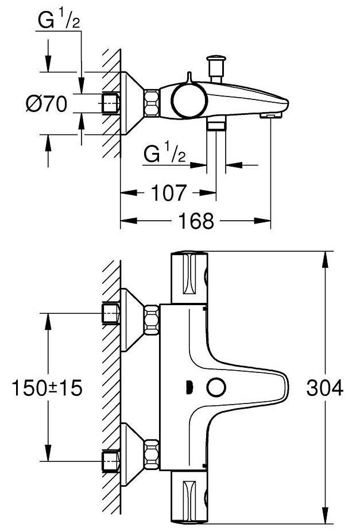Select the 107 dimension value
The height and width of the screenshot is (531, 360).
point(170,193)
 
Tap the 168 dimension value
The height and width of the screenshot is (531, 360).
point(196,220)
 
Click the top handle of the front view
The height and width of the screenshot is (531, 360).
point(189,276)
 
